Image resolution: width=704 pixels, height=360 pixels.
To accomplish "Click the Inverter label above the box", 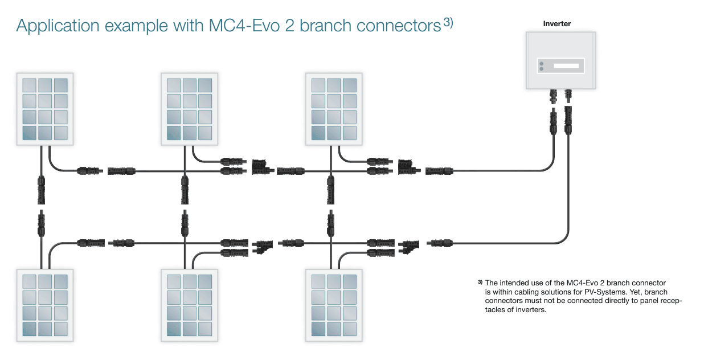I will (557, 24).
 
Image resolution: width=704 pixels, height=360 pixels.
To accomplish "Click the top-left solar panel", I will (45, 109).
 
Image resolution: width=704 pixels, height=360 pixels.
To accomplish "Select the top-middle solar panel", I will (190, 109).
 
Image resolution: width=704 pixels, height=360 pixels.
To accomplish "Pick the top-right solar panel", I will (334, 109).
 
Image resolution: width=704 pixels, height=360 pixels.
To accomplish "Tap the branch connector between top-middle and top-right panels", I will (260, 166).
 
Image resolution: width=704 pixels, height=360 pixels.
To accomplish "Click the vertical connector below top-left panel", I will (41, 190).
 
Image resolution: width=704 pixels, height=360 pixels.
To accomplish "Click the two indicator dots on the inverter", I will (541, 66).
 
